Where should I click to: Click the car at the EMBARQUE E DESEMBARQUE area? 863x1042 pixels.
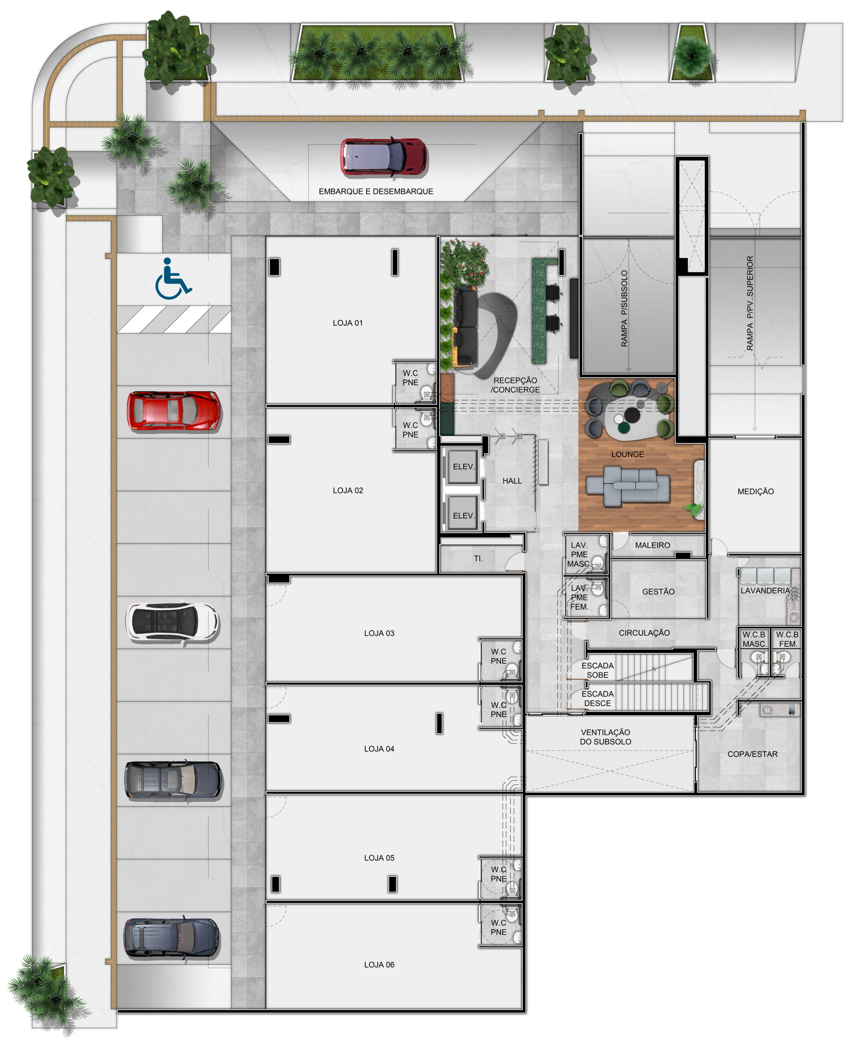tap(383, 157)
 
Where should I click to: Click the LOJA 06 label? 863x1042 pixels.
tap(379, 965)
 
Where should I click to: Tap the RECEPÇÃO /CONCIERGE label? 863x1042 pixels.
tap(515, 385)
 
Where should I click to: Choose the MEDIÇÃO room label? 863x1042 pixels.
tap(755, 491)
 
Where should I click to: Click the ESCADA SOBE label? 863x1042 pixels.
tap(598, 670)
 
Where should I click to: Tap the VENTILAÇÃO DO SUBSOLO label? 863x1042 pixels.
tap(605, 737)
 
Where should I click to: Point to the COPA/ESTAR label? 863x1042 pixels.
tap(752, 754)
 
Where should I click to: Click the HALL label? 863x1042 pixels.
tap(512, 481)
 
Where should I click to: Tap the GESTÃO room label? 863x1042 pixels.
tap(658, 591)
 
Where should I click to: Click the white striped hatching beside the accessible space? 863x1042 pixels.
tap(174, 319)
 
